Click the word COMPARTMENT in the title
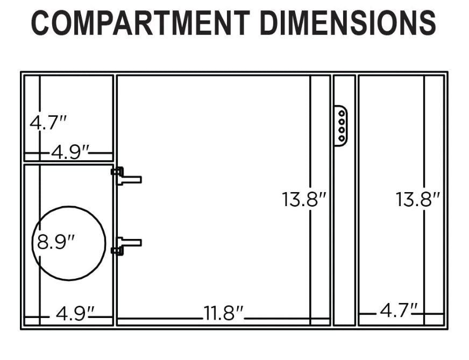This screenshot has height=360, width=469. click(140, 23)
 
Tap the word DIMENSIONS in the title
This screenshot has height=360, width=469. click(348, 23)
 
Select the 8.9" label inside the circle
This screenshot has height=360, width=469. click(56, 242)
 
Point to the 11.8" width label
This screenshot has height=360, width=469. click(223, 313)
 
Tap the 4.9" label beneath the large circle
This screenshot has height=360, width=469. click(75, 313)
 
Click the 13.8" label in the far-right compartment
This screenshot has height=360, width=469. click(418, 199)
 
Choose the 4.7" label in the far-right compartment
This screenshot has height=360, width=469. click(399, 310)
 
